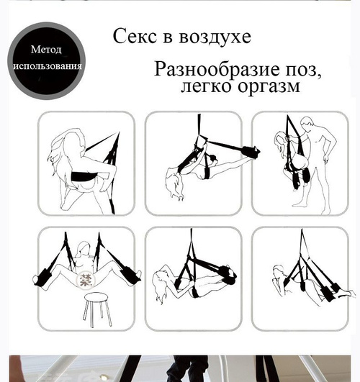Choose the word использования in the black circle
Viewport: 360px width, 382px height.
pyautogui.click(x=47, y=65)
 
